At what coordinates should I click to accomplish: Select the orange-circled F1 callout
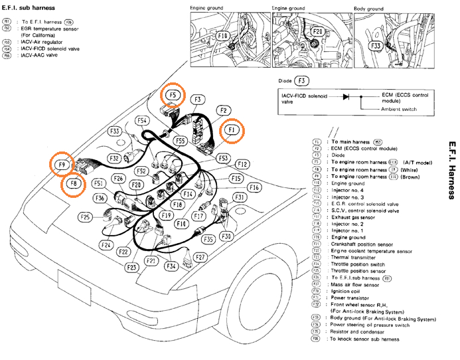point(232,130)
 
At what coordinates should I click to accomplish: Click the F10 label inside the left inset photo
point(222,35)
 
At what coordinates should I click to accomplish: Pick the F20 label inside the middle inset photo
point(317,32)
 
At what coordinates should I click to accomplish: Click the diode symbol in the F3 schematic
point(345,96)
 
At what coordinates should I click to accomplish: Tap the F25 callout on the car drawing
point(86,217)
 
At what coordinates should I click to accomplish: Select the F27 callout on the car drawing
point(200,257)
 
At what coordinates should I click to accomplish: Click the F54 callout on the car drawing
point(142,121)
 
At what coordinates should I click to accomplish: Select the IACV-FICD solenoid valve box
point(305,100)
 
